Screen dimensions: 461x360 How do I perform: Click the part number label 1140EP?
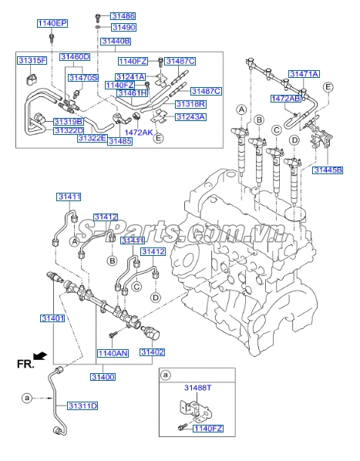(x=52, y=24)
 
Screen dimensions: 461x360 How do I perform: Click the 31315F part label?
(x=32, y=60)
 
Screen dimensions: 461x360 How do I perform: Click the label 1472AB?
(x=285, y=99)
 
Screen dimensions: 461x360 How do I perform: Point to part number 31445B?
(x=328, y=170)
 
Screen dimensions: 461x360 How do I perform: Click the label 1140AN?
(x=112, y=352)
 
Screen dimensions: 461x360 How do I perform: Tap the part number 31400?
(x=103, y=376)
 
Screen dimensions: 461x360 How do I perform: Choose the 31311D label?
(x=82, y=405)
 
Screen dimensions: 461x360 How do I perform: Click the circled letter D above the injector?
(x=294, y=140)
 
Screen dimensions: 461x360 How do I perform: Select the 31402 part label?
(x=152, y=352)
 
